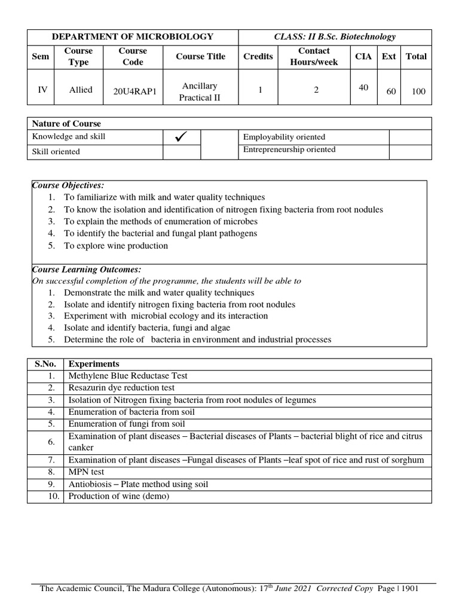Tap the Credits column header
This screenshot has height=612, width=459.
[x=258, y=56]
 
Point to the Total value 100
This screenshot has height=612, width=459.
[x=418, y=91]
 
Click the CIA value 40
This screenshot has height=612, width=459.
[x=363, y=87]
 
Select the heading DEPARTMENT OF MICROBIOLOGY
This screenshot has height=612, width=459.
[x=133, y=37]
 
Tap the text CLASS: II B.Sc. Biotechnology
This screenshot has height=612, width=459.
[x=335, y=37]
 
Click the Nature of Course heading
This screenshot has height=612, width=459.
[x=66, y=124]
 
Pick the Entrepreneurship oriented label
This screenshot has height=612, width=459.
[x=289, y=149]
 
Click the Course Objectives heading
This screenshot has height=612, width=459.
[x=68, y=185]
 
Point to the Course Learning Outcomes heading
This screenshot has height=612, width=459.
[x=86, y=270]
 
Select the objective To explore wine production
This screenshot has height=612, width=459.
[x=116, y=246]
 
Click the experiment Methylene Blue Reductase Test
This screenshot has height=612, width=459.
[x=128, y=376]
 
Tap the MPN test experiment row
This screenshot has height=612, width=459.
[x=86, y=472]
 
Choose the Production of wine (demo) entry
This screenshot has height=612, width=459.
[x=119, y=497]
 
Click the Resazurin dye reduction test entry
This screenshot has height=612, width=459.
[x=121, y=388]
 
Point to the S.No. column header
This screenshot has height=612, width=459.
[x=45, y=364]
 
